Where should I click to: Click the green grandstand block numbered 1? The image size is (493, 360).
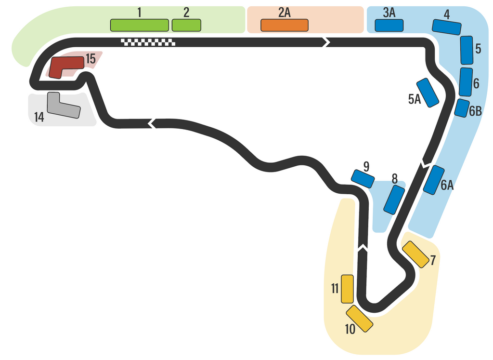point(139,25)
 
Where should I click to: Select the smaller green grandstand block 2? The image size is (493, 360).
point(186,25)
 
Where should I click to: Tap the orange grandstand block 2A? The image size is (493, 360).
point(284,26)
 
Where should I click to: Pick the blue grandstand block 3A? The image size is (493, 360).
point(389,26)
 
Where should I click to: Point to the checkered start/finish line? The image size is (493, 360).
point(148,42)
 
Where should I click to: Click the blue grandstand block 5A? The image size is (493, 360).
point(428,92)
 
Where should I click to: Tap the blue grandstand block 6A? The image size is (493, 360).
point(434,180)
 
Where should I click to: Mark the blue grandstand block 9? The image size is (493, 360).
point(363,179)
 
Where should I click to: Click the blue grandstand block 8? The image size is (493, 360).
point(394,200)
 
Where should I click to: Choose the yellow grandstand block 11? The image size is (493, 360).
point(347,289)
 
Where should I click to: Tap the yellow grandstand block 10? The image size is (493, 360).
point(359,318)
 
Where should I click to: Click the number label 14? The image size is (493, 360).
point(39,117)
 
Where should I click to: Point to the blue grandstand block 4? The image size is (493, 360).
point(447,27)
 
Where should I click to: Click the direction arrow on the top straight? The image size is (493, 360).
point(326,42)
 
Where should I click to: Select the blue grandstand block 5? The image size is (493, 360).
point(467,50)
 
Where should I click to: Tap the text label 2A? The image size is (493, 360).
point(285,13)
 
